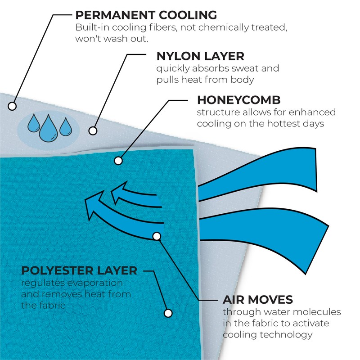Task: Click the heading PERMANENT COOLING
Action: pos(146,15)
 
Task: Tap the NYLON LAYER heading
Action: pos(200,56)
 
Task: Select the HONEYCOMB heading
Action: pos(238,99)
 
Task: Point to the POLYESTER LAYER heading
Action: pos(79,270)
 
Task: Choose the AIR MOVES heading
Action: pos(258,299)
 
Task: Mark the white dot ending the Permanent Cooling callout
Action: pos(13,106)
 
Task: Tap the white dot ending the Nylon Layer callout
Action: pos(93,131)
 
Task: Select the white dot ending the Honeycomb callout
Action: pos(118,160)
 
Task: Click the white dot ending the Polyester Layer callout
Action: pos(168,312)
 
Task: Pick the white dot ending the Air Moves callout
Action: pos(157,236)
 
